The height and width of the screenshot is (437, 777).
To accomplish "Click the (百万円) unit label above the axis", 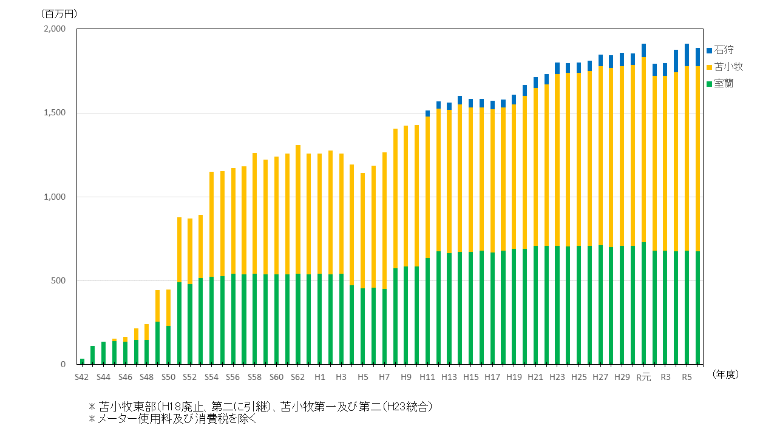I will point(59,13).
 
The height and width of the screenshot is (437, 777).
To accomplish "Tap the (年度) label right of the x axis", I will point(725,374).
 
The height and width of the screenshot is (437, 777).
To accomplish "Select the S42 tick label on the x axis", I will point(82,377).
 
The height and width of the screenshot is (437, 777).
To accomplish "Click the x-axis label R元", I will point(643,377).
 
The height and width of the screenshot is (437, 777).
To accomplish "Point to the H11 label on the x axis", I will point(427,377).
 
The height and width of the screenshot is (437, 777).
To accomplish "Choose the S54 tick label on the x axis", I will point(211,377).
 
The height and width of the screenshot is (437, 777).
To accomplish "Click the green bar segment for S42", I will point(82,362).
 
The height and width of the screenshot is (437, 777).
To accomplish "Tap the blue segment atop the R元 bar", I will point(643,50).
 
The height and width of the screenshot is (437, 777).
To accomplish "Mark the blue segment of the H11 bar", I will point(427,113).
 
